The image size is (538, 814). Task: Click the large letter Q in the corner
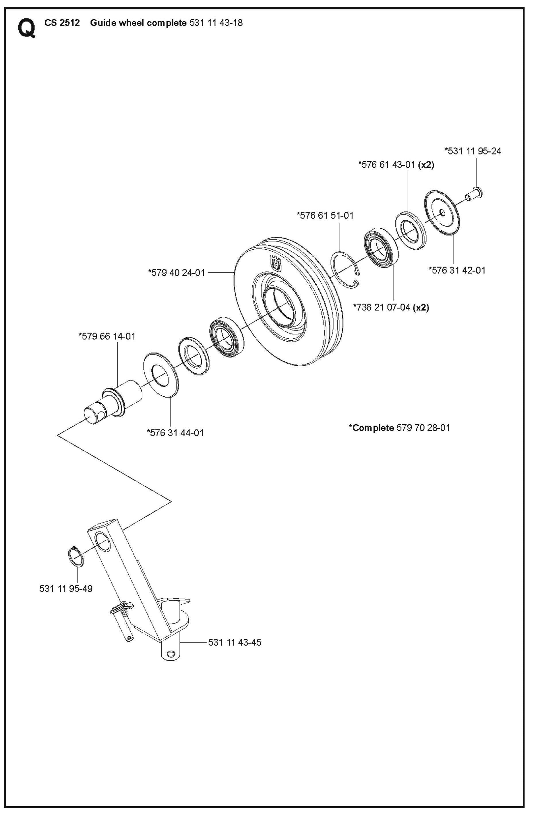26,28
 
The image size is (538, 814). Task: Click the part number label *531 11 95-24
473,151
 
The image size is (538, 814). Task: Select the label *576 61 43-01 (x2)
396,165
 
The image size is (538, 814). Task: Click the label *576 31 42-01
457,270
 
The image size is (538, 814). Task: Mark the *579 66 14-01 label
107,336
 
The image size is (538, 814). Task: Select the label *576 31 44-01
175,433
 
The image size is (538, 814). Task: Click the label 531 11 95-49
66,589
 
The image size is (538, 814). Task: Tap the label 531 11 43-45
235,642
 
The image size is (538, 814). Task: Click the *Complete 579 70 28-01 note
399,428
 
